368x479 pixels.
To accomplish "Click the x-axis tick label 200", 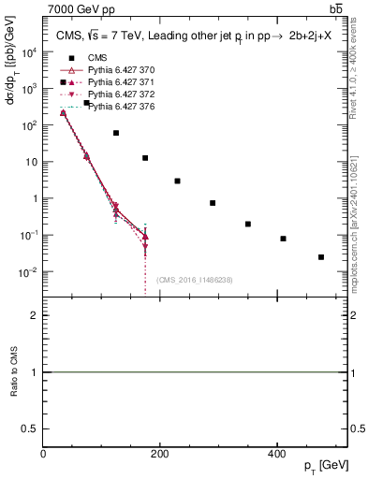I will click(x=160, y=454).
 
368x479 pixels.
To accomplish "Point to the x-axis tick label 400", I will click(x=276, y=454).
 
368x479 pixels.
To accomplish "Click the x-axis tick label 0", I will click(x=44, y=454).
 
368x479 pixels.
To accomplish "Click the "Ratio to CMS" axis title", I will click(x=15, y=372).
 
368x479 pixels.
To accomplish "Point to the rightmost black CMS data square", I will click(x=321, y=257).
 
